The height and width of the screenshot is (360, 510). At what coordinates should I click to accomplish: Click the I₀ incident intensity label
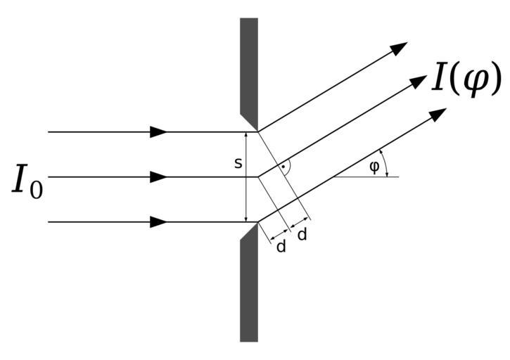pos(27,181)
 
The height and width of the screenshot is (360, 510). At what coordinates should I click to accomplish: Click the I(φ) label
pos(466,79)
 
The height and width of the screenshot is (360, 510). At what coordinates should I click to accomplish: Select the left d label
pos(281,247)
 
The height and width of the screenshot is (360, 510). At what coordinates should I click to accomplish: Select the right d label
pos(302,235)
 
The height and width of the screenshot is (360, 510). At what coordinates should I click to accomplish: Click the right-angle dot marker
pos(283,167)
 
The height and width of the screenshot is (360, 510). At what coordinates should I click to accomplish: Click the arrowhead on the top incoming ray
pos(159,131)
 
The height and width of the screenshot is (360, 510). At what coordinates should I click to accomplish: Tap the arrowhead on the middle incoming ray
pos(159,176)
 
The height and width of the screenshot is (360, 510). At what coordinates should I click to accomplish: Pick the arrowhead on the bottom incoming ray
pos(159,221)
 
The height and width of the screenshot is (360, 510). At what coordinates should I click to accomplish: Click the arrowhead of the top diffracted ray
pos(400,48)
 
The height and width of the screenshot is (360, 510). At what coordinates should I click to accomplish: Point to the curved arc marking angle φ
pos(384,163)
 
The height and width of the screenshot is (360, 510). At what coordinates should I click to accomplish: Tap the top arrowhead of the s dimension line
pos(246,136)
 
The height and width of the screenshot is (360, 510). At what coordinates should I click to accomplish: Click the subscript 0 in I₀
pos(35,191)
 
